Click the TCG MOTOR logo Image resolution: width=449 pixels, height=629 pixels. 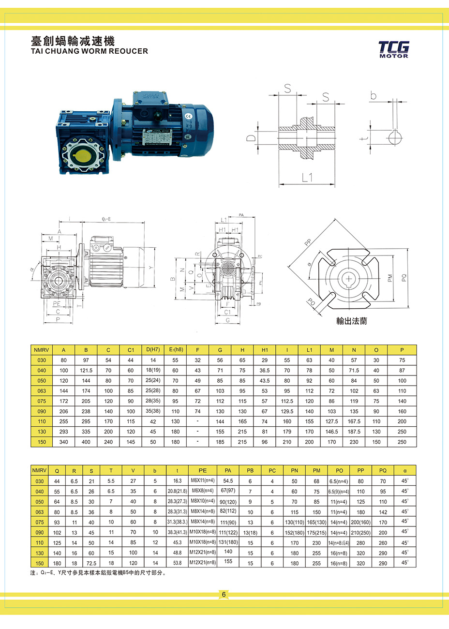click(x=393, y=49)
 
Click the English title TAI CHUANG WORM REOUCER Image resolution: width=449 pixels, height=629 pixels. click(x=90, y=51)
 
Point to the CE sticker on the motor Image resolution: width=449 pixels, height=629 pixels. click(x=189, y=116)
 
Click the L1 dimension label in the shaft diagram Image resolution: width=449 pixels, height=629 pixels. click(x=307, y=178)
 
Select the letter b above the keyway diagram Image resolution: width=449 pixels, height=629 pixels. click(x=373, y=96)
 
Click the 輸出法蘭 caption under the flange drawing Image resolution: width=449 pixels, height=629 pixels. click(x=351, y=321)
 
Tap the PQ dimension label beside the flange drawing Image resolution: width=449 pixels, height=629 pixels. click(x=404, y=278)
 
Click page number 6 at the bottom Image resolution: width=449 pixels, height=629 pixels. click(x=224, y=595)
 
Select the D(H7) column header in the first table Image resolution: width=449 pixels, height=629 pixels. click(x=153, y=349)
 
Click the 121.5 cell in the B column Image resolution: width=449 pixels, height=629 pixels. click(x=86, y=370)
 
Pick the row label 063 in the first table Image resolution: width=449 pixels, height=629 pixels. click(x=42, y=391)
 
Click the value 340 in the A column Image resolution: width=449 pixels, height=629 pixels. click(x=64, y=442)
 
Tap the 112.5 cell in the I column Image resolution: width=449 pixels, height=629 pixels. click(x=287, y=401)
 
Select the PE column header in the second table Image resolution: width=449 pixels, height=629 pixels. click(x=203, y=470)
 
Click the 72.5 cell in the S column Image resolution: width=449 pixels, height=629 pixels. click(x=91, y=563)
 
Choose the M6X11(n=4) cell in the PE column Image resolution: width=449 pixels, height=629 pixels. click(x=203, y=480)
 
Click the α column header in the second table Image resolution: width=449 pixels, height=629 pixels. click(x=404, y=470)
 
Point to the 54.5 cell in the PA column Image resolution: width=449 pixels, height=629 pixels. click(x=228, y=481)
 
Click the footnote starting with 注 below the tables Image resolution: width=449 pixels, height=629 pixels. click(x=98, y=573)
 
